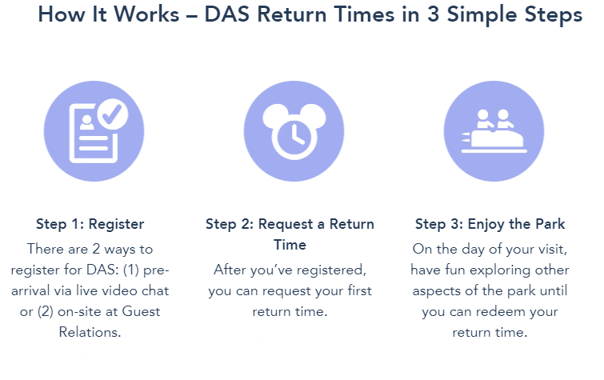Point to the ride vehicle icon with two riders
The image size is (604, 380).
click(x=494, y=133)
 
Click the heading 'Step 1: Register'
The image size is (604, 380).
click(x=90, y=224)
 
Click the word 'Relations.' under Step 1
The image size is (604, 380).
click(x=90, y=332)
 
